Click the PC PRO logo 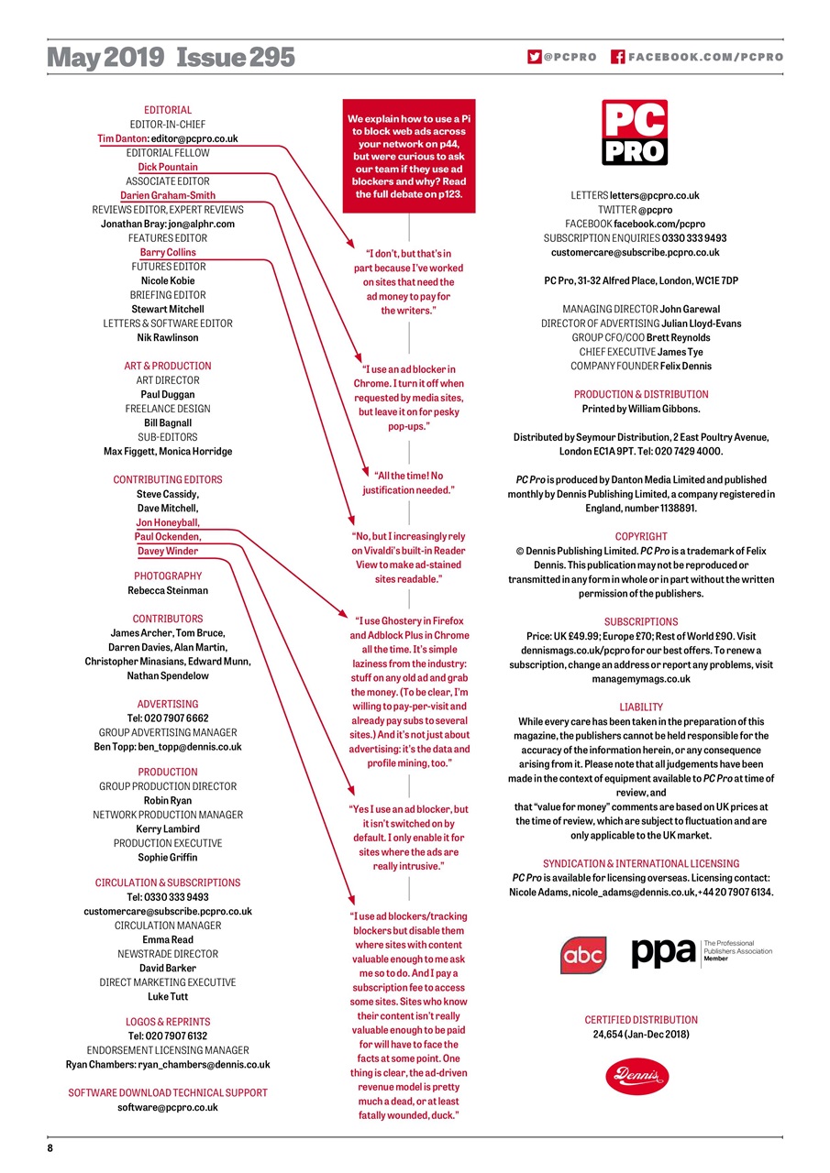pos(635,133)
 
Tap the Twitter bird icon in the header pos(534,57)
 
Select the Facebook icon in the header pos(617,57)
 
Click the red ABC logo pos(583,956)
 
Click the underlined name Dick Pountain pos(168,168)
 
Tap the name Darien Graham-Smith pos(168,196)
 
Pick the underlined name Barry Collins pos(168,253)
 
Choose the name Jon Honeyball pos(168,523)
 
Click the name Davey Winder pos(168,552)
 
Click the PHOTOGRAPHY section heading pos(168,576)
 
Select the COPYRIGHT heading pos(641,536)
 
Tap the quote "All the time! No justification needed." pos(408,483)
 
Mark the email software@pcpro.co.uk pos(168,1108)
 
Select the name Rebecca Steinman pos(168,591)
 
